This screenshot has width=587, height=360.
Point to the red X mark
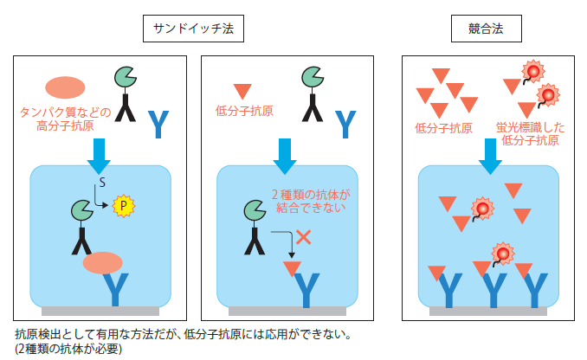click(x=303, y=236)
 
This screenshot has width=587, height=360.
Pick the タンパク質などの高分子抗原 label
click(x=64, y=119)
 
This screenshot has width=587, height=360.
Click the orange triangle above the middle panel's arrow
click(x=242, y=90)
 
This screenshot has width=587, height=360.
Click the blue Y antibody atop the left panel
click(x=158, y=125)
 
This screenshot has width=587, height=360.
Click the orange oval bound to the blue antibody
click(x=102, y=263)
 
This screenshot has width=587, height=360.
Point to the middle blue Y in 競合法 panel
click(x=493, y=288)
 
